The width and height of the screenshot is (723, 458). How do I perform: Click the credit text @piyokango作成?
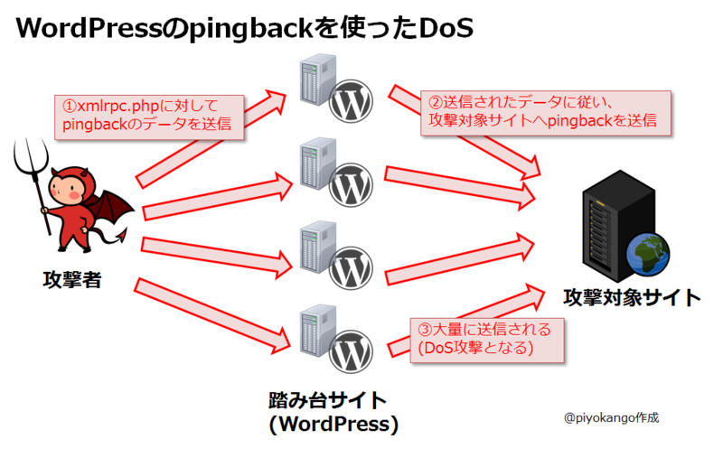(611, 418)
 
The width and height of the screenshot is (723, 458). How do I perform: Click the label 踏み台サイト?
(327, 398)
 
